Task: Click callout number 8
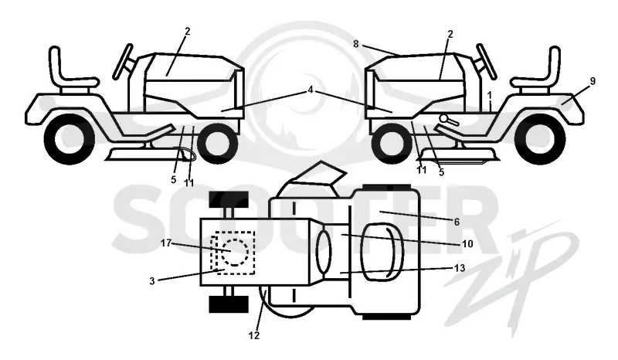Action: pyautogui.click(x=356, y=44)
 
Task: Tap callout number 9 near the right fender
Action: pyautogui.click(x=593, y=81)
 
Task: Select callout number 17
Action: pyautogui.click(x=166, y=243)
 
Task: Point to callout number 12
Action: pyautogui.click(x=254, y=335)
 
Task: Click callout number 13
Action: pyautogui.click(x=460, y=268)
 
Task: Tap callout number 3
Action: pyautogui.click(x=152, y=281)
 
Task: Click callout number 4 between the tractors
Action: pyautogui.click(x=311, y=90)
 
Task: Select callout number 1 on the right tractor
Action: pyautogui.click(x=489, y=96)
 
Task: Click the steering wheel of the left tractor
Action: pyautogui.click(x=123, y=61)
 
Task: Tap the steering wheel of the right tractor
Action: pyautogui.click(x=487, y=61)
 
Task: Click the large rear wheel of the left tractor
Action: pyautogui.click(x=70, y=139)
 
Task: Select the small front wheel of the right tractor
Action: pyautogui.click(x=392, y=142)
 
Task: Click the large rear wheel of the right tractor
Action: pyautogui.click(x=540, y=139)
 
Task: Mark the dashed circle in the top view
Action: pyautogui.click(x=235, y=252)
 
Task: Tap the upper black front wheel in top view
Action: pyautogui.click(x=229, y=199)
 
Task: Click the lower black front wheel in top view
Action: pyautogui.click(x=229, y=304)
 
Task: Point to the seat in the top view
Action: pyautogui.click(x=382, y=252)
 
